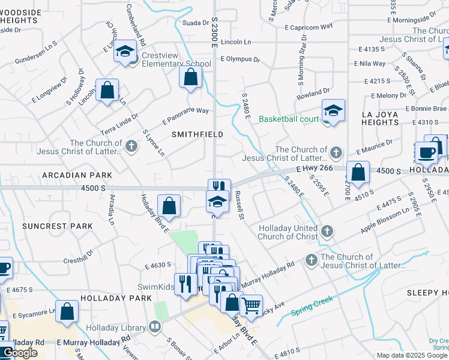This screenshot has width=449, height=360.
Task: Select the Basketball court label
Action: click(x=289, y=119)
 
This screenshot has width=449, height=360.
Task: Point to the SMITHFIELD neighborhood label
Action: click(x=197, y=134)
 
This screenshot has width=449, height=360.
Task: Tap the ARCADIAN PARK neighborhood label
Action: click(x=77, y=175)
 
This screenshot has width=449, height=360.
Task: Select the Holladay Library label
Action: click(x=115, y=327)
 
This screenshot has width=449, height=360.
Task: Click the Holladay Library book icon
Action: click(x=155, y=327)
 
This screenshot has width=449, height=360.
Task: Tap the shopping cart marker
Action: click(x=251, y=305)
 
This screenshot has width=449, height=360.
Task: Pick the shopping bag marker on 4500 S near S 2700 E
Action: click(x=358, y=172)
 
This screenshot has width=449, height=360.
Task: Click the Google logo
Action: click(x=19, y=353)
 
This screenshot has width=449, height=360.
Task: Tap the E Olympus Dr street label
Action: click(x=240, y=59)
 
